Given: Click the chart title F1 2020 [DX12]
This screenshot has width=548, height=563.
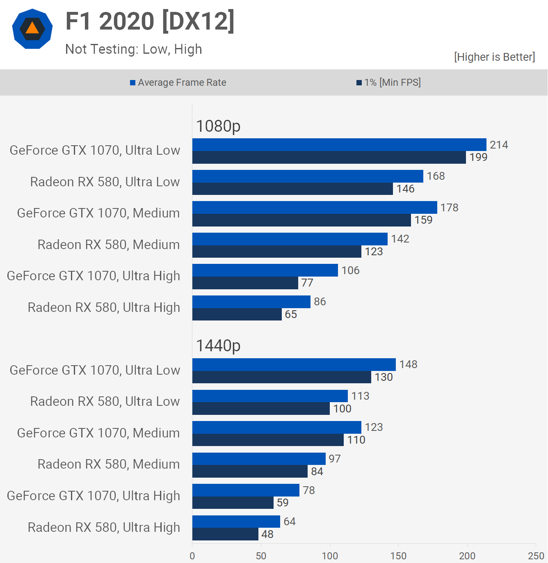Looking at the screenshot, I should point(150,21).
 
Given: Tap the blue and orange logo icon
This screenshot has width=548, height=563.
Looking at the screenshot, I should point(32,29).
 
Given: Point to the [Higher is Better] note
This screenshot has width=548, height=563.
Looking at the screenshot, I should point(494,57).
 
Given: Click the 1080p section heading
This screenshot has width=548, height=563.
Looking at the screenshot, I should point(218,126).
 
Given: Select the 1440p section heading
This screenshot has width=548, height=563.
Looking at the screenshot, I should point(218,346).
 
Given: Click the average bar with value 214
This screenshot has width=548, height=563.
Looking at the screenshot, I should point(339,145).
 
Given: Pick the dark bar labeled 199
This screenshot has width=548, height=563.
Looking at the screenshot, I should point(329,158).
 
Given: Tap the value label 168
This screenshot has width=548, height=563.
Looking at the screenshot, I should point(436,176).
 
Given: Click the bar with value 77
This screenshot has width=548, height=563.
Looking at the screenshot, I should point(245,283).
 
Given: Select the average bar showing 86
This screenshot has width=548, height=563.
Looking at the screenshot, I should point(251,302).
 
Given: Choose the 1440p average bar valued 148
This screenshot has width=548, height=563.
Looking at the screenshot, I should point(294,364).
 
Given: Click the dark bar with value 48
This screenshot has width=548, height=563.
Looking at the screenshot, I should point(225,534).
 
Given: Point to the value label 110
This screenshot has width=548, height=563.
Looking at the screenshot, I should point(356,440).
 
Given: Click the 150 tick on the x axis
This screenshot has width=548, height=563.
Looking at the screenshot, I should point(398,556).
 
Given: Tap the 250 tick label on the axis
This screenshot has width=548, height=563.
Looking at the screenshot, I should point(536,556).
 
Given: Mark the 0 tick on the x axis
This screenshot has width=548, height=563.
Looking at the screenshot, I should point(192,556).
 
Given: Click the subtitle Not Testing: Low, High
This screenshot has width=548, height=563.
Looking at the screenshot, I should point(134,49).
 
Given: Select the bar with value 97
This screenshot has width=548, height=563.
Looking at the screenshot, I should point(259,459).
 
